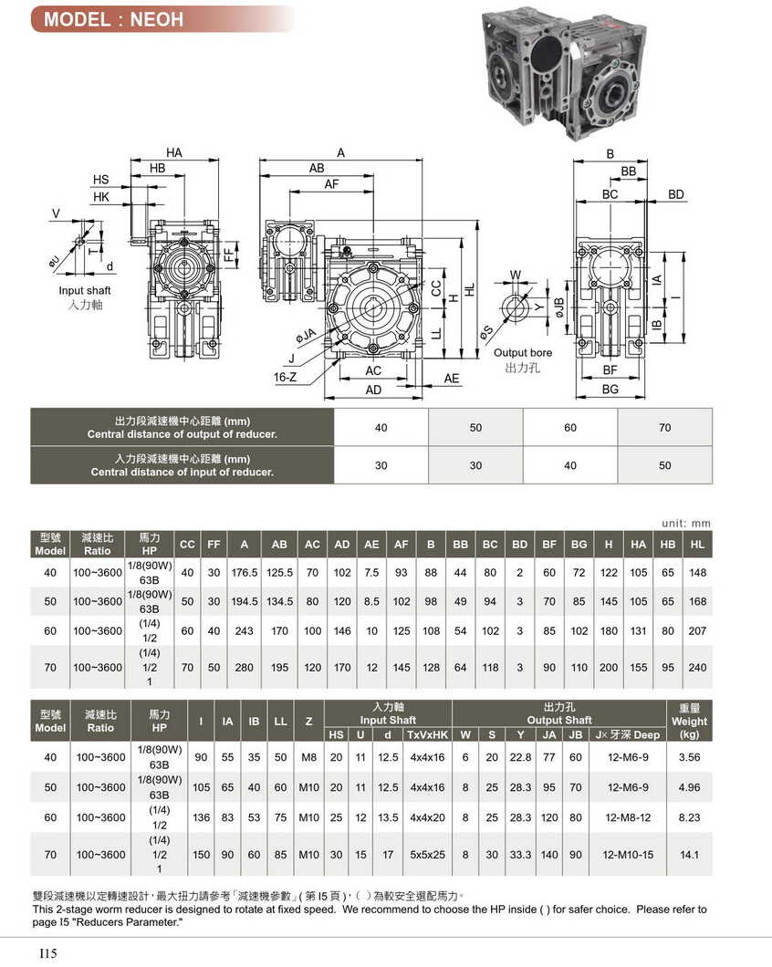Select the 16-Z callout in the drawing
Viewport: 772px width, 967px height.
tap(283, 375)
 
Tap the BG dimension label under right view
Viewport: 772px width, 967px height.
tap(610, 390)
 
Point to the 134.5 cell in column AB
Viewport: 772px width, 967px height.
tap(279, 602)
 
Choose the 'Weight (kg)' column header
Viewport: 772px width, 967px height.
tap(689, 721)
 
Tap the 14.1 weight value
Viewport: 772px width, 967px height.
tap(689, 855)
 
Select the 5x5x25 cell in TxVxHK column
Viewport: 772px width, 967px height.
tap(427, 855)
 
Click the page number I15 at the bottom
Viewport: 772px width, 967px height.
tap(48, 953)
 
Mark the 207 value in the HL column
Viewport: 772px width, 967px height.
tap(698, 631)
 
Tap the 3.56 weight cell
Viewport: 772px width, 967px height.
tap(689, 757)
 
